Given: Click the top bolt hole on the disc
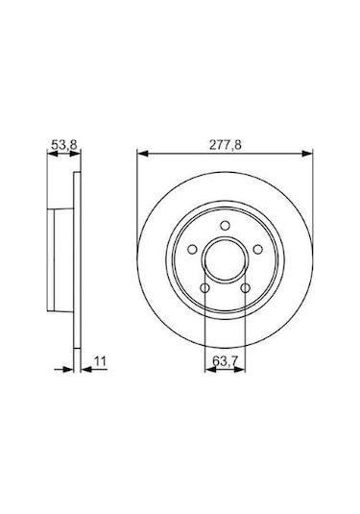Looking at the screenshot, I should (x=225, y=226).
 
